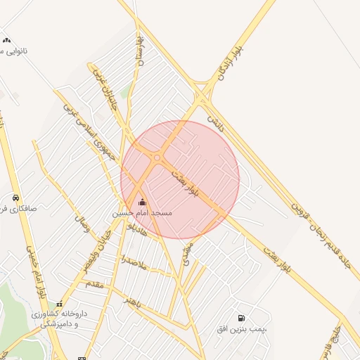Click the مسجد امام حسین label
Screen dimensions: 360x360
(x=142, y=212)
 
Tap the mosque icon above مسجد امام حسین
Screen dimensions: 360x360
(x=142, y=202)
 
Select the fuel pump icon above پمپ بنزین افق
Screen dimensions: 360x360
(x=242, y=319)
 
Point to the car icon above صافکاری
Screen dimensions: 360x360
(x=15, y=198)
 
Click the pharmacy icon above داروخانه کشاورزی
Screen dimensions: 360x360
(x=59, y=304)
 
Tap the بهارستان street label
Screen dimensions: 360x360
(x=141, y=49)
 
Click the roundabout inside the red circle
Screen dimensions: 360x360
(x=156, y=158)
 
